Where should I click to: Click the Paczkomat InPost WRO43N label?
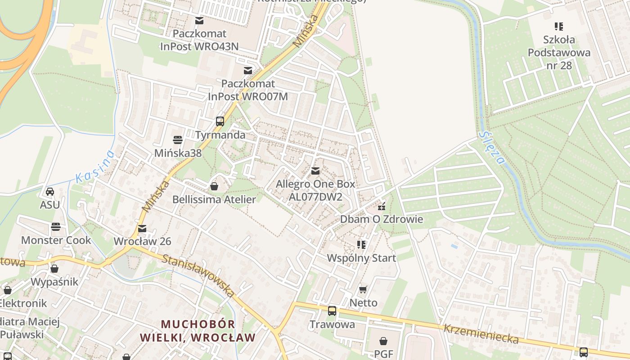point(199,40)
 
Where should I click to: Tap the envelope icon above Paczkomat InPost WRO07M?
point(247,70)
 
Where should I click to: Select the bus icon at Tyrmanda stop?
point(220,121)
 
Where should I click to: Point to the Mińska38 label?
point(178,153)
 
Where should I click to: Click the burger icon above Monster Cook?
point(56,226)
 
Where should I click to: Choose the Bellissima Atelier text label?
point(214,199)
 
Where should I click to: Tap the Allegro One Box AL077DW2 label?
point(315,190)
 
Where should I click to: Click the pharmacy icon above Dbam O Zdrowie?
point(382,207)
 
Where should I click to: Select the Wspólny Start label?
point(361,258)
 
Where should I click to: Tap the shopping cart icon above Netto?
point(363,289)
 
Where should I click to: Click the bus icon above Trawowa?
point(332,311)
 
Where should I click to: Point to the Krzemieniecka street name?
point(481,334)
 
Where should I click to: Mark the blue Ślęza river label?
point(492,148)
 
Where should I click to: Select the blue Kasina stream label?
point(95,166)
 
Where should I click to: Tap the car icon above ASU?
point(50,192)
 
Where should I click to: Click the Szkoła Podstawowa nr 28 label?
point(559,52)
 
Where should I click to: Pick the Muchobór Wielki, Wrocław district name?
point(198,331)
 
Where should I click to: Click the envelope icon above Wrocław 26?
point(142,229)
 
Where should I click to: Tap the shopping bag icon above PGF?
point(383,341)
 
